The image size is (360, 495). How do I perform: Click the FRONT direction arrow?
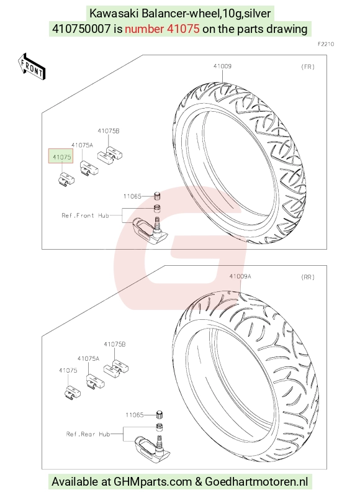[x=32, y=66]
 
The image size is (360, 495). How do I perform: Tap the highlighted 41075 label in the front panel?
[x=62, y=157]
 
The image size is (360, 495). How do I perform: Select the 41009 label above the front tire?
[x=222, y=66]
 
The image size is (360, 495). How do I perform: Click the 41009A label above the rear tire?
[x=240, y=276]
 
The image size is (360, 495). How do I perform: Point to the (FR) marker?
[x=308, y=66]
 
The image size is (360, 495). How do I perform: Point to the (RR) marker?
[x=308, y=277]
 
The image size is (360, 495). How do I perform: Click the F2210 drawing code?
[x=326, y=44]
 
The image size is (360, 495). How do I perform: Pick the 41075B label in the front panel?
[x=109, y=130]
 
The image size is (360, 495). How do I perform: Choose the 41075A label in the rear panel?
[x=88, y=358]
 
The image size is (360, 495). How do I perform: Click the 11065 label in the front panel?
[x=132, y=196]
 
